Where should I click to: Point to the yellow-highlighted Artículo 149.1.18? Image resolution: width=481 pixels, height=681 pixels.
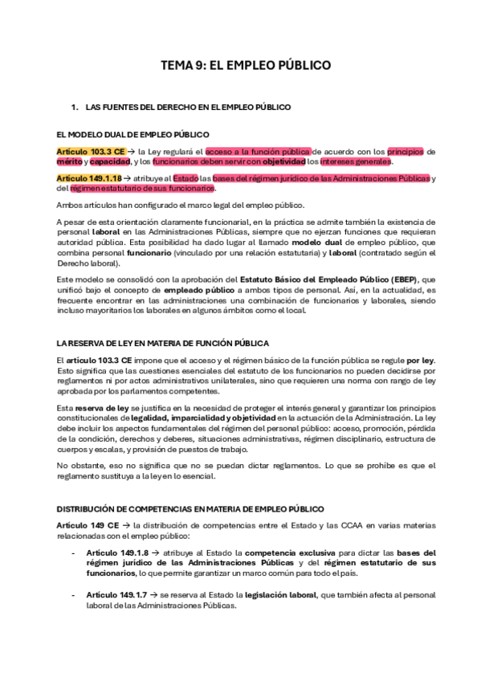[89, 178]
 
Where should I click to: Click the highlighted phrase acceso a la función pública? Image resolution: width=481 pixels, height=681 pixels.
[258, 151]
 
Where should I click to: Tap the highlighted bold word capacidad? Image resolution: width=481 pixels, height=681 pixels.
[110, 161]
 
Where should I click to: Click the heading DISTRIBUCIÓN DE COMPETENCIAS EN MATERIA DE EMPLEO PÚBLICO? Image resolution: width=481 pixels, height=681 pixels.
[190, 509]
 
